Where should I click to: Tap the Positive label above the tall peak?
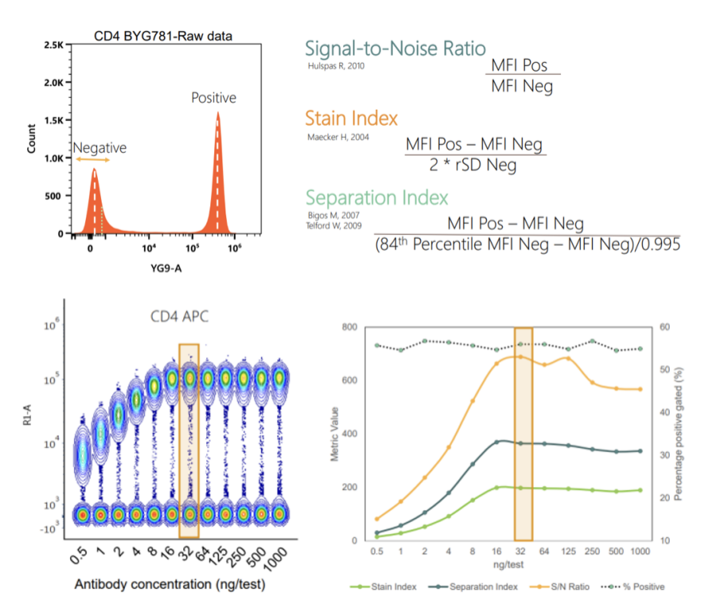[x=213, y=98]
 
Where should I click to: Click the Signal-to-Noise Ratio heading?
[x=396, y=48]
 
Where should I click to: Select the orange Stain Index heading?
[x=351, y=120]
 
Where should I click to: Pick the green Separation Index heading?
[x=378, y=197]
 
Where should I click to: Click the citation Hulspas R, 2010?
[x=336, y=65]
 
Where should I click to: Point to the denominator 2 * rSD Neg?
[x=474, y=166]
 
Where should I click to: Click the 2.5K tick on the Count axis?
[x=53, y=45]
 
